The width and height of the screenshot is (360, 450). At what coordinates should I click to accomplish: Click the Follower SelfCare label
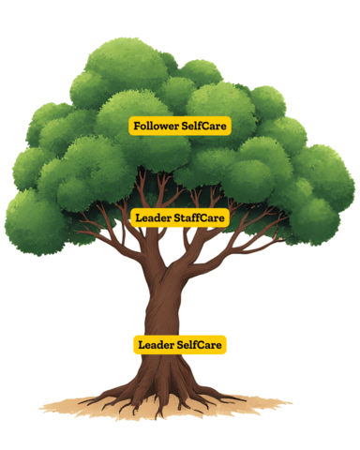(179, 126)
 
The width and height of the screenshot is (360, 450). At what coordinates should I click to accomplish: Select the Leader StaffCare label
(180, 217)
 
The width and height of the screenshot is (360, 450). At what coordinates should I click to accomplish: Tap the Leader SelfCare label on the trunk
(180, 345)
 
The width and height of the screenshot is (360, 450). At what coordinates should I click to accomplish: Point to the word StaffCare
(201, 217)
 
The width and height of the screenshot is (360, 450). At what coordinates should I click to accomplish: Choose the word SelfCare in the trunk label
(200, 345)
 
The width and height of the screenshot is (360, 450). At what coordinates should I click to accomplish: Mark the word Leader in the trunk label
(154, 345)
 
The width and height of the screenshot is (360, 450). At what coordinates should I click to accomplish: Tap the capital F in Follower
(137, 126)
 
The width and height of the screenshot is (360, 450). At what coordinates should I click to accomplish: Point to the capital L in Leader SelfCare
(142, 345)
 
